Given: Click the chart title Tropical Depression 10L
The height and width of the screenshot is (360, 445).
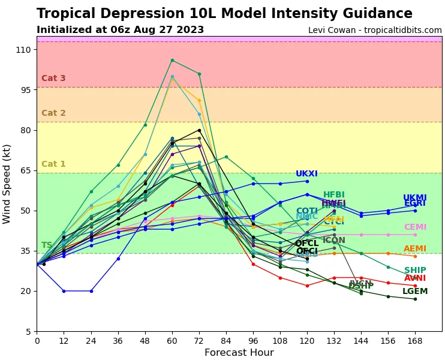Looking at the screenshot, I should coord(224,14).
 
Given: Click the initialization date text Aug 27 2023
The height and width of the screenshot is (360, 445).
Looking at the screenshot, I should coord(170,30).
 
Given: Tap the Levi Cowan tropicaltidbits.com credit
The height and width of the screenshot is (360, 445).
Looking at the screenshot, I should coord(375,31).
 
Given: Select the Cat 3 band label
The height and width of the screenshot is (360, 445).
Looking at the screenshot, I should coord(53,79).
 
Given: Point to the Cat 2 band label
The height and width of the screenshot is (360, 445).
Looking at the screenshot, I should coord(53,113).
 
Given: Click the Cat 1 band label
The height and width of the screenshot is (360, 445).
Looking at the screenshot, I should coord(53,164).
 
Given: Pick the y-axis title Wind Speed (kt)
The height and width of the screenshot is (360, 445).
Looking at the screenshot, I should coord(7,184).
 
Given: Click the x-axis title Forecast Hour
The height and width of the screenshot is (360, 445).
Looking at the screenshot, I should coord(239,353).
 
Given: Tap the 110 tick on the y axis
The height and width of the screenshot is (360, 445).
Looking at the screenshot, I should coord(23,50).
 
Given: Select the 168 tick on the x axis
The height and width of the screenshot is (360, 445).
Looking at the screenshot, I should coord(415,341).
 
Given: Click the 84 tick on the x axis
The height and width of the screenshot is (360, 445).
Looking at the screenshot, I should coord(225,341).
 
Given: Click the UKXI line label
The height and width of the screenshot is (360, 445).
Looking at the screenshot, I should coord(306,174).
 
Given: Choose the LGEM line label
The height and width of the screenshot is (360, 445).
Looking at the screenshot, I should coord(415,292).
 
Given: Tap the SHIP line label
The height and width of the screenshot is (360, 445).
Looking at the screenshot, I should coord(415,271).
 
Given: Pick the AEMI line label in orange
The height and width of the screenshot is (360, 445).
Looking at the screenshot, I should coord(415,249).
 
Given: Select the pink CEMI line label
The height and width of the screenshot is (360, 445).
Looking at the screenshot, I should coord(415,227).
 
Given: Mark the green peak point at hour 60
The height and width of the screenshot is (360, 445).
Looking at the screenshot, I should coord(172,60).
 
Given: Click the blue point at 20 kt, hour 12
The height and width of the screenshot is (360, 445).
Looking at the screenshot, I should coord(64,291).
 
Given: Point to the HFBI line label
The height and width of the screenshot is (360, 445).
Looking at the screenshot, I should coord(333,195).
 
